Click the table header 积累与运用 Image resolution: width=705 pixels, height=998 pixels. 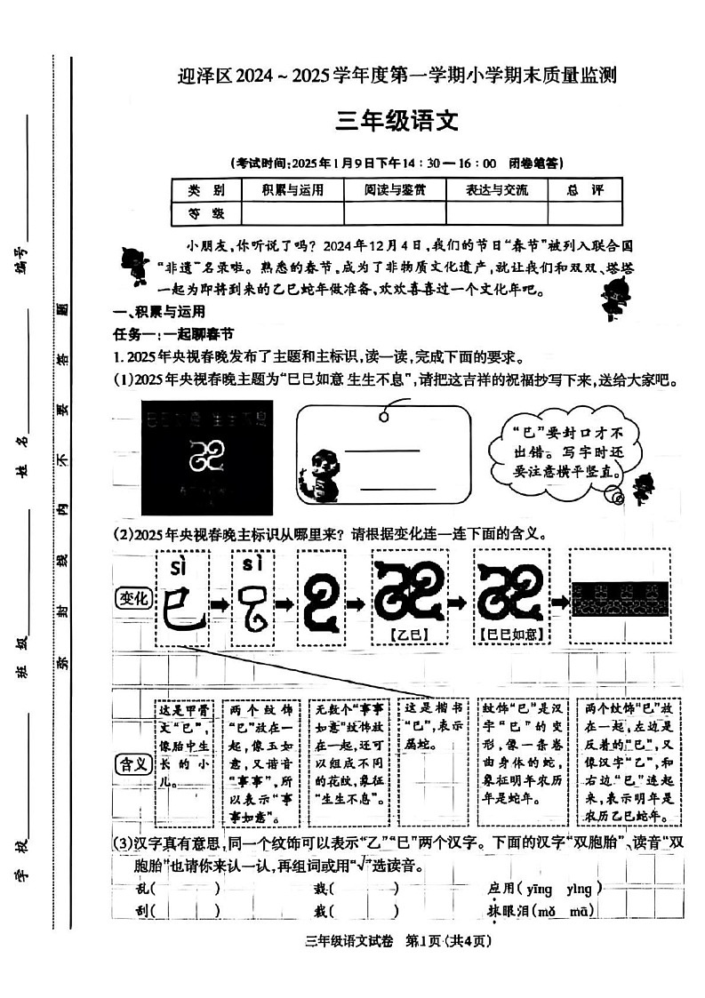pyautogui.click(x=292, y=190)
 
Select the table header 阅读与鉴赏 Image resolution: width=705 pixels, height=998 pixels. pyautogui.click(x=395, y=190)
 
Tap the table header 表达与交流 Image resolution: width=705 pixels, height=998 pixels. pyautogui.click(x=497, y=190)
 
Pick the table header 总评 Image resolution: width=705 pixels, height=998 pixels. pyautogui.click(x=584, y=190)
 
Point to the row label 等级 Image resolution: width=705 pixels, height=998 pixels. pyautogui.click(x=205, y=213)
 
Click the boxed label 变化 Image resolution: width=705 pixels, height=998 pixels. pyautogui.click(x=133, y=598)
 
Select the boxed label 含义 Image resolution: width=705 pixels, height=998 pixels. pyautogui.click(x=133, y=763)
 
